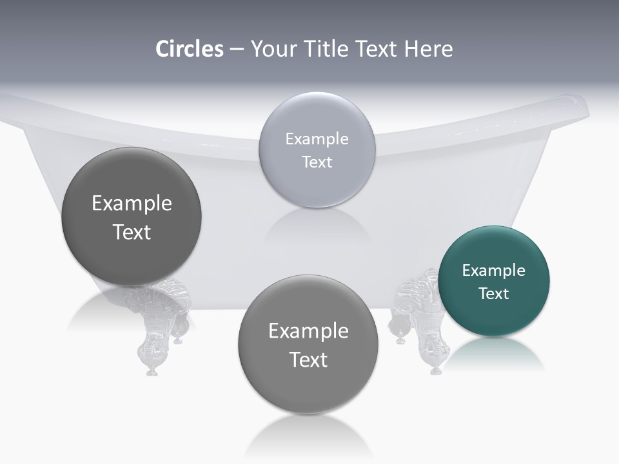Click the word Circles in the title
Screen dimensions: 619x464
190,49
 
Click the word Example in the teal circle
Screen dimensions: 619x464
494,271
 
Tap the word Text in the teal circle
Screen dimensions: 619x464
494,294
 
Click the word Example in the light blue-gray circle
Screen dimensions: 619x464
317,139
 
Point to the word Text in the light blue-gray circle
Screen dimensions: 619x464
317,162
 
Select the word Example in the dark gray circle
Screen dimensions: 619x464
132,204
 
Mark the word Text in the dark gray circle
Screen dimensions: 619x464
132,232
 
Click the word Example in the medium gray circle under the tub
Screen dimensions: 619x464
308,331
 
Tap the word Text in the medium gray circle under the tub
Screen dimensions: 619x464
308,360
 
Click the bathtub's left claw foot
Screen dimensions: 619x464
155,329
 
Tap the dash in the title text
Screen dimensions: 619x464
236,50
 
